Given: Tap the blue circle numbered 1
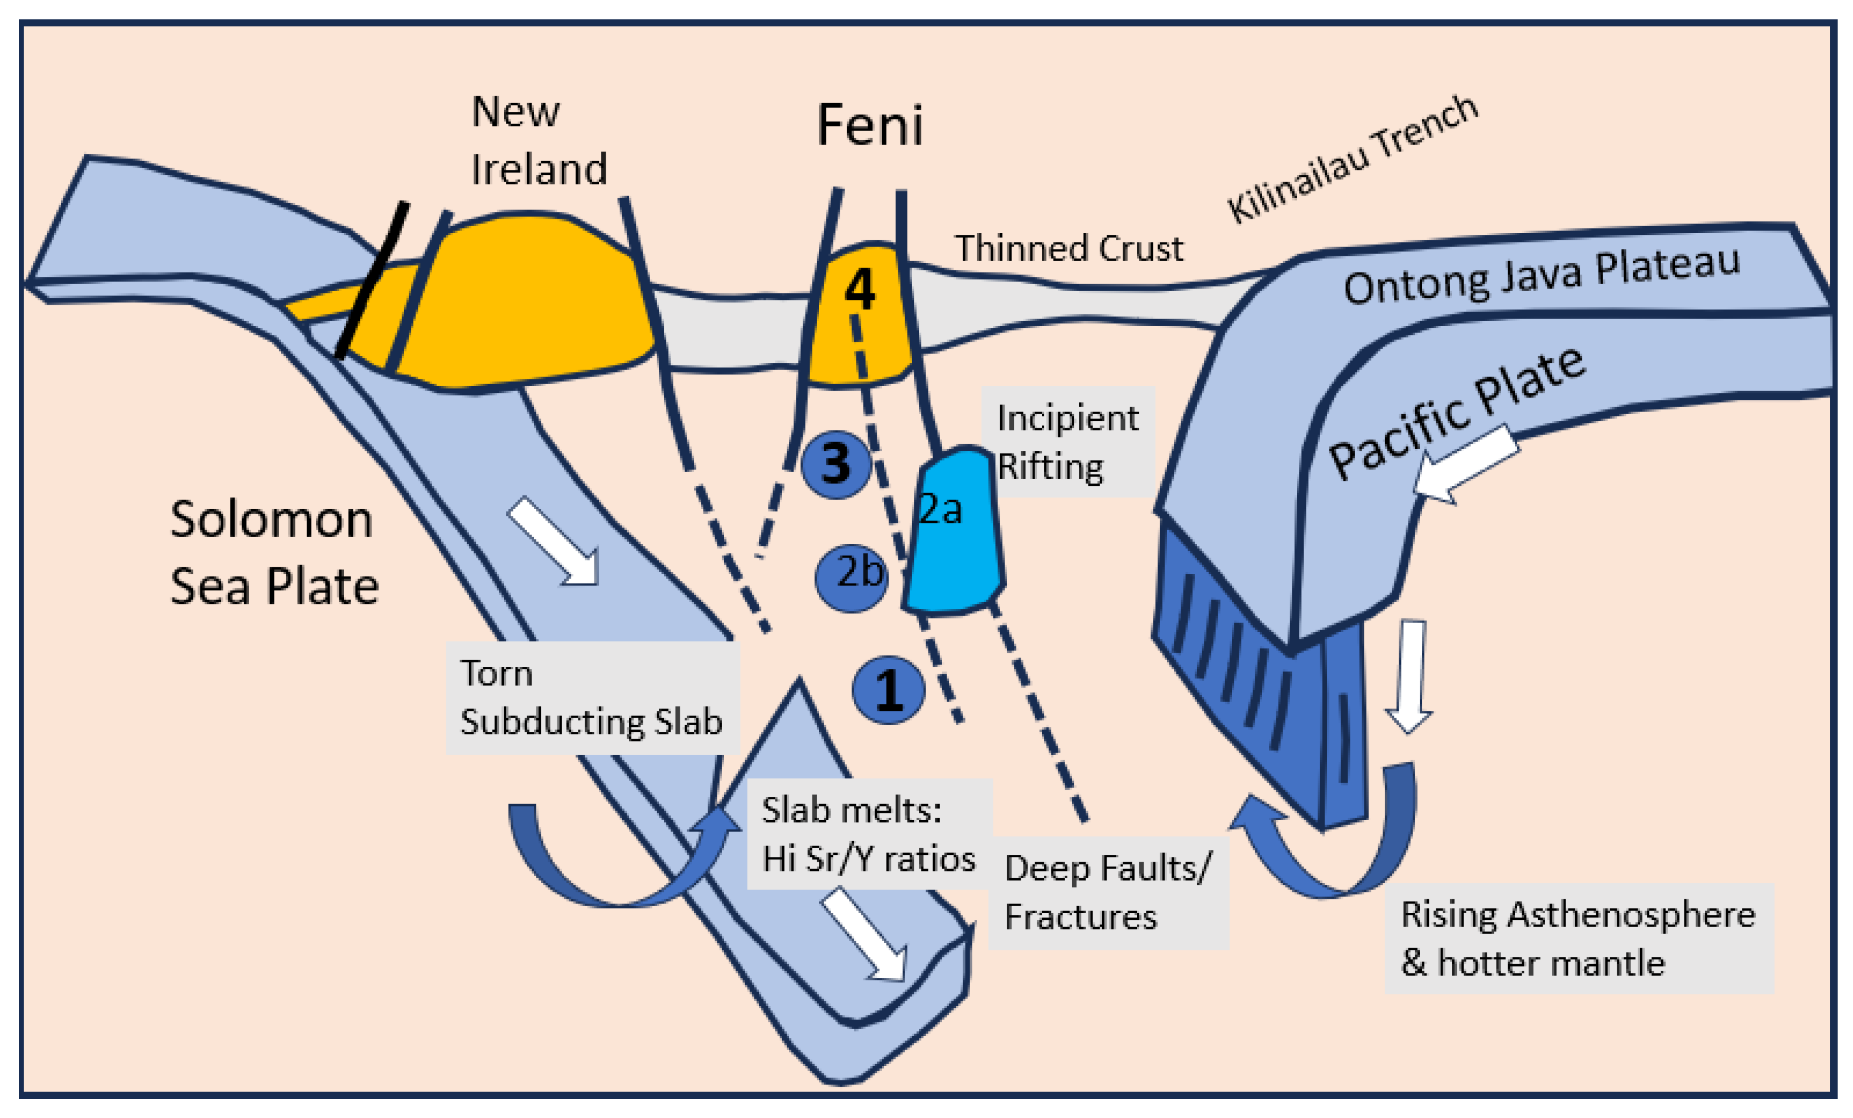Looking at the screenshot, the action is pos(888,690).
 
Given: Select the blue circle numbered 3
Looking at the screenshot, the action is pos(836,464).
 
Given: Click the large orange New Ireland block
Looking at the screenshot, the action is pos(519,302).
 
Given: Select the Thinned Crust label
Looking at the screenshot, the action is pos(1069,248).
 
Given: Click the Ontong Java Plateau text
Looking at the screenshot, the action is pos(1542,276).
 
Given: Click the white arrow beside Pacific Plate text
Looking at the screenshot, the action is pos(1466,464).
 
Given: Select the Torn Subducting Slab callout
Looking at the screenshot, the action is pos(592,698).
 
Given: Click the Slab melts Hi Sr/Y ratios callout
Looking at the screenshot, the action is pos(869,834).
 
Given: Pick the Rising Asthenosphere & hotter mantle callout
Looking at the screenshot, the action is pos(1579,938).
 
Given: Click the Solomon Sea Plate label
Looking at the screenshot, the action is pos(274,552).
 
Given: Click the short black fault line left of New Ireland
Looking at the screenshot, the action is pos(372,280).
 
